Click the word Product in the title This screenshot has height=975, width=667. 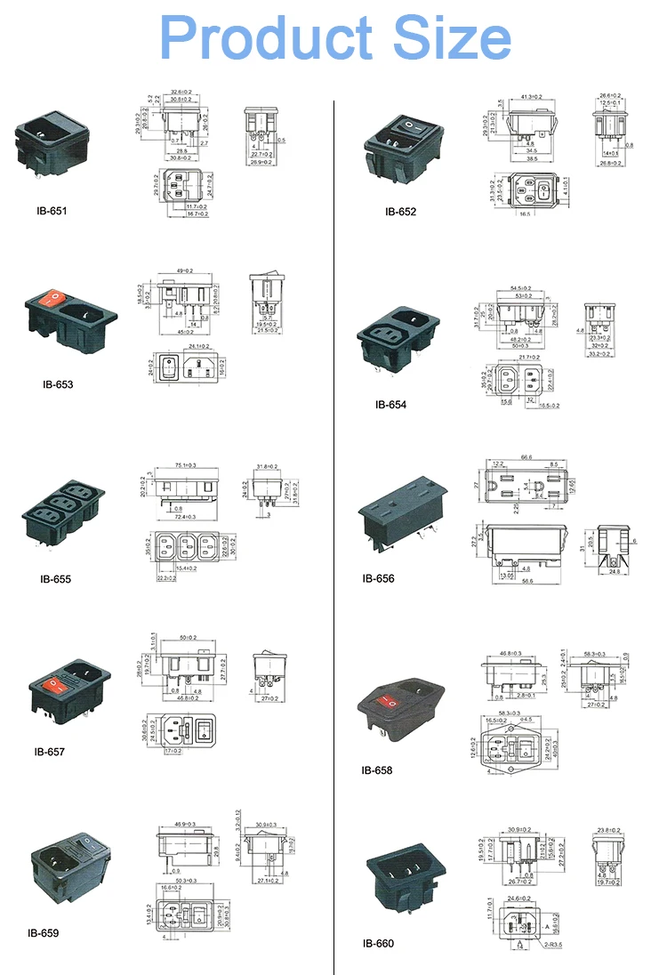265,38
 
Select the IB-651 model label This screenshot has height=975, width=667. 52,212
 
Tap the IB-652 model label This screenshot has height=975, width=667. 400,212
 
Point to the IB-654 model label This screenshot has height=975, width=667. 390,404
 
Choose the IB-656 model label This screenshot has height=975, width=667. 378,578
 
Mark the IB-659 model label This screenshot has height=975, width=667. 44,933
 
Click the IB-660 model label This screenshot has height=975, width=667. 378,943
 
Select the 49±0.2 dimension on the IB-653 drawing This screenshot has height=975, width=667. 185,271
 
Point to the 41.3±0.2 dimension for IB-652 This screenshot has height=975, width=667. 531,96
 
